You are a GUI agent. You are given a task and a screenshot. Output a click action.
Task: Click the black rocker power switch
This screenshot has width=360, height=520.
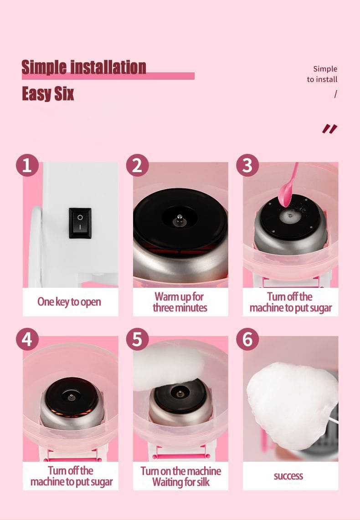(80, 223)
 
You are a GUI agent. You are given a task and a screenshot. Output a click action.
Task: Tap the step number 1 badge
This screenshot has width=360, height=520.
(27, 165)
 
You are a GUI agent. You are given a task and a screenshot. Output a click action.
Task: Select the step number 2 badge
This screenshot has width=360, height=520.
(137, 165)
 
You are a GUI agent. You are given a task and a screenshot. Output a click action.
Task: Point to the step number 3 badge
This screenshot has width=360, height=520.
(247, 165)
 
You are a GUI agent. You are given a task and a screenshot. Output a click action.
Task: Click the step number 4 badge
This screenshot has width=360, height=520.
(27, 339)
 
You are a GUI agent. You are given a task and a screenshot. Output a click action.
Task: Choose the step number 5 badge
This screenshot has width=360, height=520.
(137, 339)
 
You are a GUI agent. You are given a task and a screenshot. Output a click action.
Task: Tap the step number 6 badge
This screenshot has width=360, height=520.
(247, 339)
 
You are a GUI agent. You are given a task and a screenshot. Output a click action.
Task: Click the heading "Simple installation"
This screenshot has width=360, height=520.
(84, 67)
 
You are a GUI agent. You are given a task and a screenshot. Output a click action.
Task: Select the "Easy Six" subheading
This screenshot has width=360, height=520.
(48, 93)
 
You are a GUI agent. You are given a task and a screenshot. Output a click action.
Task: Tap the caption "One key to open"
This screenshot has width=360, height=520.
(69, 302)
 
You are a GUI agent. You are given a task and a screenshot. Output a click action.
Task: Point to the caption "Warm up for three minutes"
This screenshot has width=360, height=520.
(180, 302)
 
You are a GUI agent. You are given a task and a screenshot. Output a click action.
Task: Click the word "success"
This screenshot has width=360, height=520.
(288, 476)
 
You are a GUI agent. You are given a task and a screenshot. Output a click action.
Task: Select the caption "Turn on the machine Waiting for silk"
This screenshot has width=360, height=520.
(180, 476)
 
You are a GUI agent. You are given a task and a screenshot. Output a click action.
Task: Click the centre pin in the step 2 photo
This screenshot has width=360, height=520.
(180, 219)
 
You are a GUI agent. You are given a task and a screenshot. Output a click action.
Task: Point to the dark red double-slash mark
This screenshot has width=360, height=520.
(329, 129)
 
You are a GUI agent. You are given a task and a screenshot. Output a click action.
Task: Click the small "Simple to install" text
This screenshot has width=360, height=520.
(322, 74)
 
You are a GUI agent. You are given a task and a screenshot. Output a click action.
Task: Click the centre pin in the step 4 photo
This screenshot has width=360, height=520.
(71, 397)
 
